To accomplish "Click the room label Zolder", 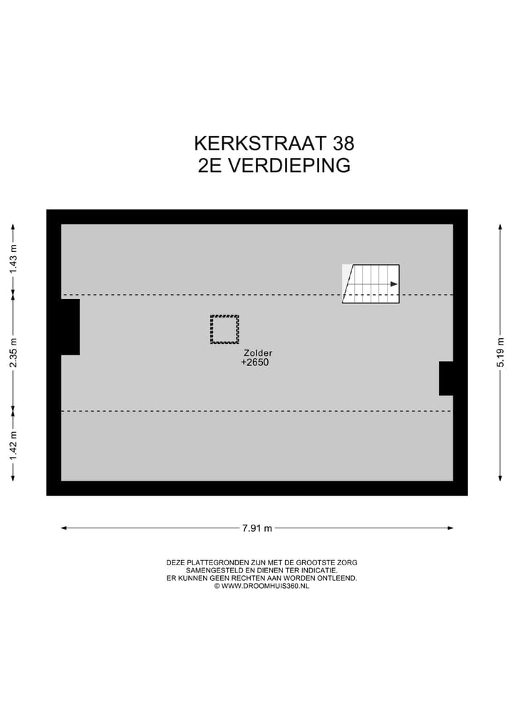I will (x=258, y=352).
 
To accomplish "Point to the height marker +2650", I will (x=255, y=362).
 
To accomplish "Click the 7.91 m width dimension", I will (x=257, y=528).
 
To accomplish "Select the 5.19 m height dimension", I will (x=501, y=352).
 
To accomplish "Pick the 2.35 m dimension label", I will (x=13, y=352).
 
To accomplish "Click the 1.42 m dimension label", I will (x=13, y=446).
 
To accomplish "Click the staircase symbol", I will (x=370, y=284).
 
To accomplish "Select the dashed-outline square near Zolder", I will (x=224, y=330).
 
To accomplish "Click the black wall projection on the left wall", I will (x=70, y=327).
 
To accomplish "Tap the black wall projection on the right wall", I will (x=446, y=378).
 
